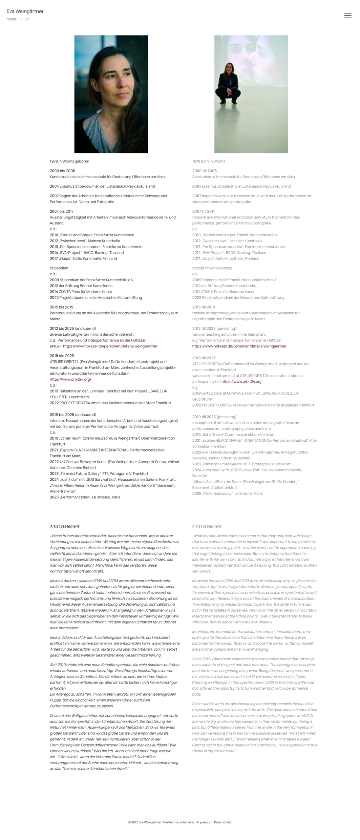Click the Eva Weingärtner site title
coord(25,11)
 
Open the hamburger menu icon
coord(348,15)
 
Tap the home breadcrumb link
coord(11,19)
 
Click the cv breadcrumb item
coord(28,19)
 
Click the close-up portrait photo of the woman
coord(111,94)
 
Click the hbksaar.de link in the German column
coord(110,346)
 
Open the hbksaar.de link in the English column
coord(239,346)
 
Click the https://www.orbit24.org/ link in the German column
coord(70,379)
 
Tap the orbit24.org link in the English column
coord(241,381)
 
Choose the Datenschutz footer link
coord(222,822)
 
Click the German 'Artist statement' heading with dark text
coord(65,526)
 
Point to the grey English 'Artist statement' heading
coord(206,526)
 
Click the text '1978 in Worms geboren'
coord(69,161)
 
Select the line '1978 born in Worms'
coord(208,161)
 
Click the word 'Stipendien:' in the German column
coord(59,268)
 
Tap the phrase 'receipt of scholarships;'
coord(212,268)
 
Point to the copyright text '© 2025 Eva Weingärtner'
coord(144,822)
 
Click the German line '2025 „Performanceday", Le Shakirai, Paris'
coord(85,497)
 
